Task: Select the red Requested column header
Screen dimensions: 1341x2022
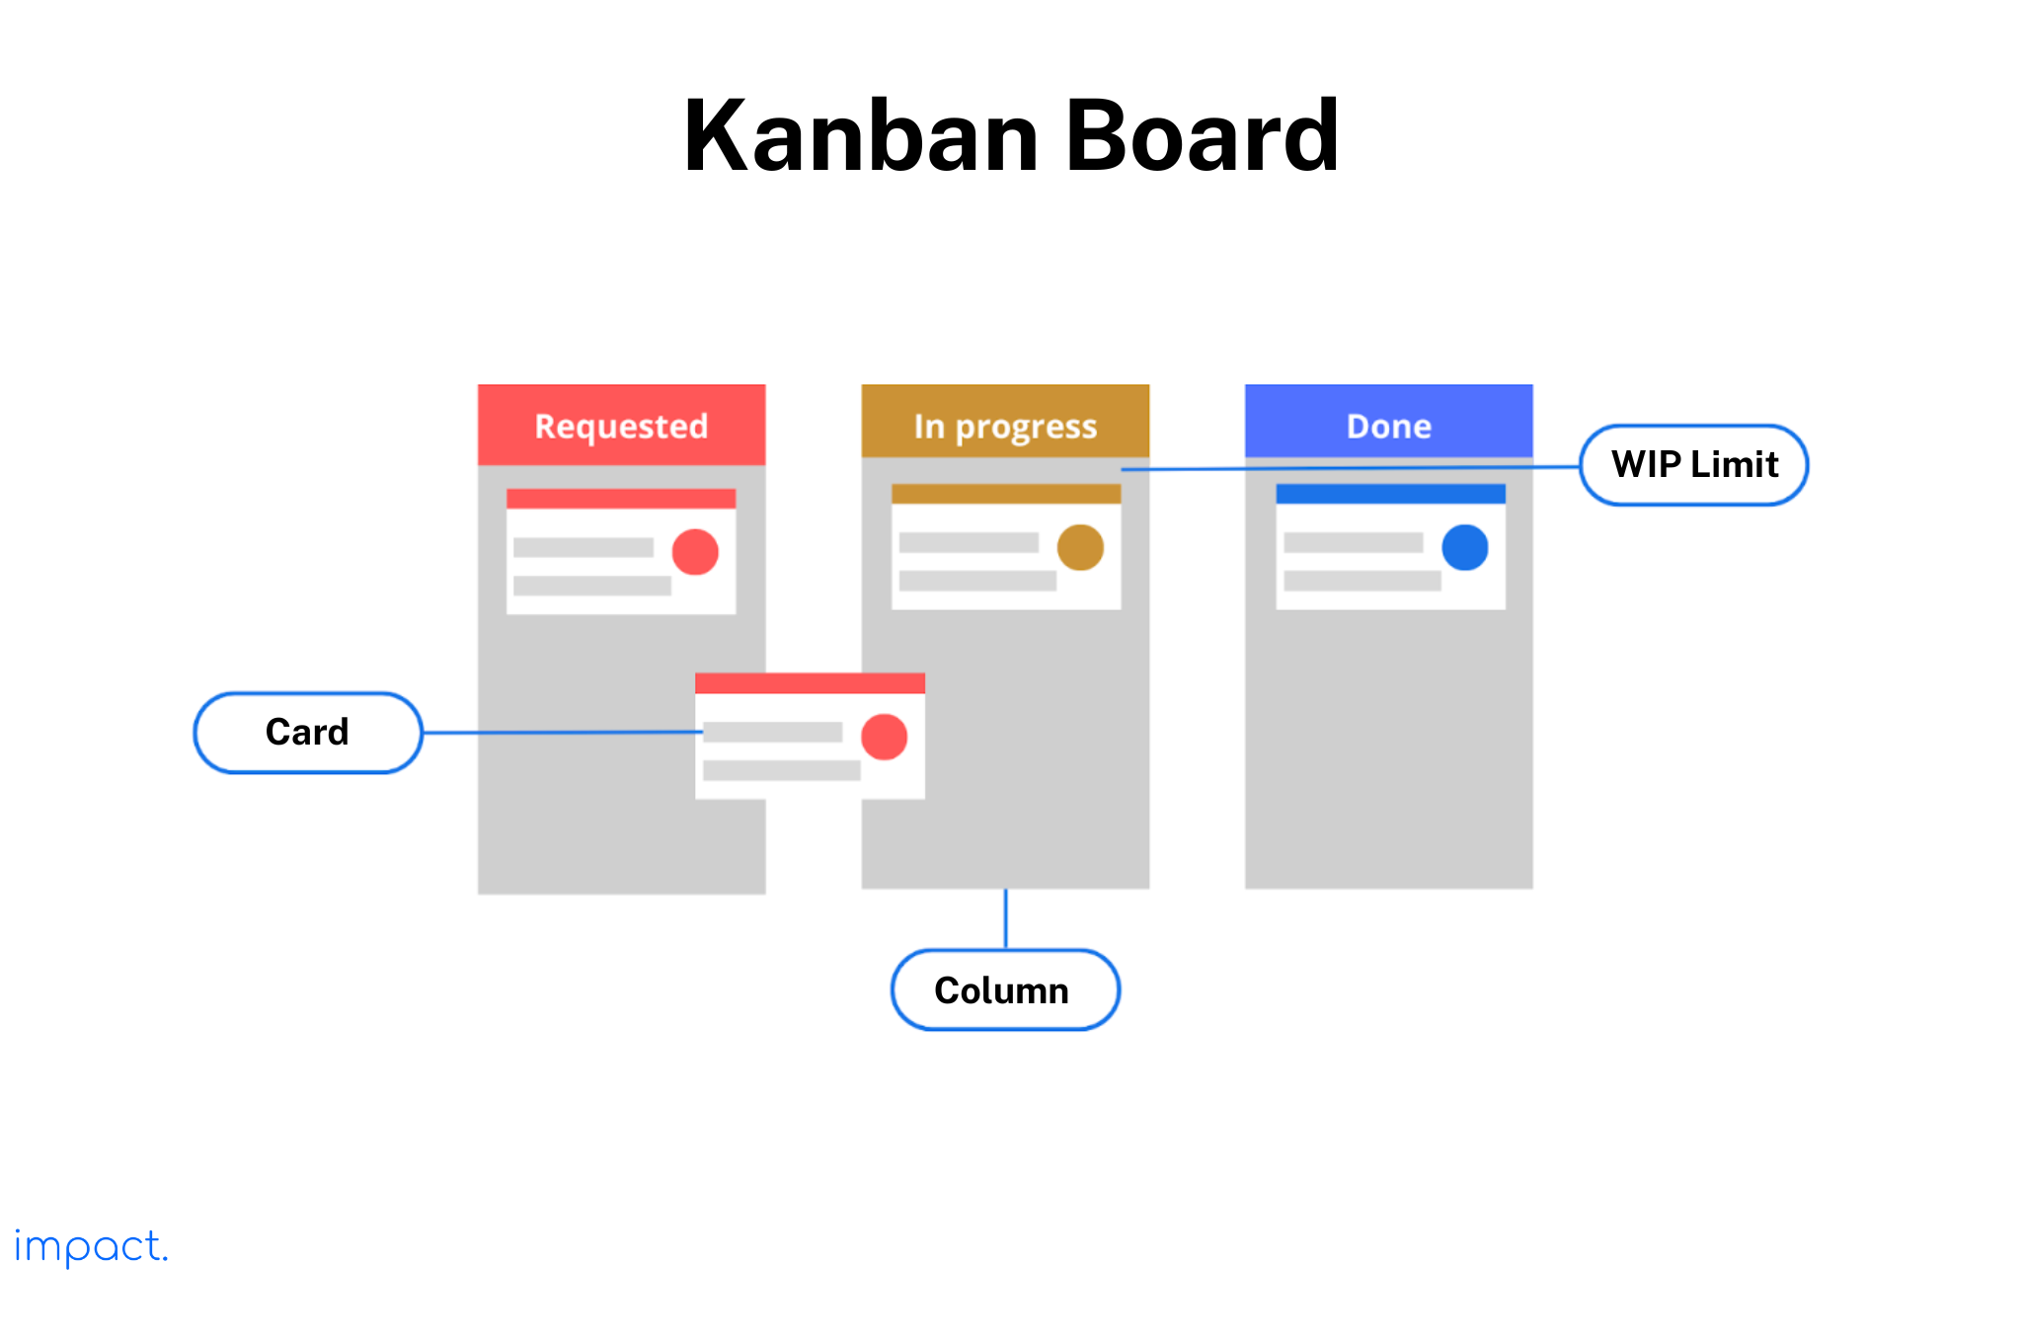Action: pos(621,425)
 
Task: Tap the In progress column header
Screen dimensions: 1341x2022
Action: pos(1005,425)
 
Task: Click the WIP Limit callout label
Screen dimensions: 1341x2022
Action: pos(1694,465)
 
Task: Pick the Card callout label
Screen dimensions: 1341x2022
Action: pos(307,733)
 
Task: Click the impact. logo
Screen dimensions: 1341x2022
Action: pos(91,1247)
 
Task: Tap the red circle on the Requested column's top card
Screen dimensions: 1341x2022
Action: pos(695,551)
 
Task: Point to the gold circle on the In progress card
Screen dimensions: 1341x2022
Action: pos(1080,547)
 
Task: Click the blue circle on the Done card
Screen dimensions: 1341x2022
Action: pos(1465,547)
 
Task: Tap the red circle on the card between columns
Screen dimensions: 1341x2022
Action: pos(884,737)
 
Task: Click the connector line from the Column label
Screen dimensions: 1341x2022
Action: pos(1005,919)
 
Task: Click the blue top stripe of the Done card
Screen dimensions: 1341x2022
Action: pos(1390,494)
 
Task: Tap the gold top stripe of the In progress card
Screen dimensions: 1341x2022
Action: pos(1005,494)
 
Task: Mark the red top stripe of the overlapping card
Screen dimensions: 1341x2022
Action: pos(810,683)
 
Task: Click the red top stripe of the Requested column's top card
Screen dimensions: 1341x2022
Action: pos(621,499)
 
